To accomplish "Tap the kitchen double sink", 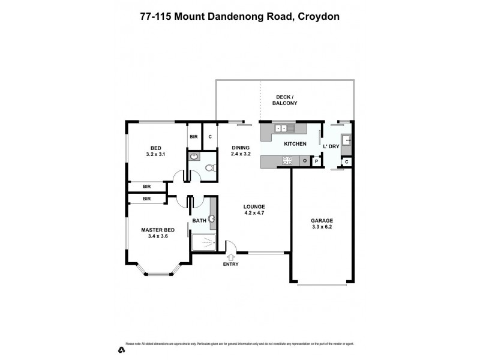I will [281, 128].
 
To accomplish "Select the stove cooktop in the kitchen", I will [287, 160].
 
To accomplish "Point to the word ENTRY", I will [230, 264].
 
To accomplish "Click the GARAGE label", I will [322, 220].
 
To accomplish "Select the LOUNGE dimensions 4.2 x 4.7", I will [254, 213].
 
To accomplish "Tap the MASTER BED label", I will [158, 229].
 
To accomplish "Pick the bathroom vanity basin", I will [212, 219].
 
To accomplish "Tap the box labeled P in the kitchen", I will [316, 161].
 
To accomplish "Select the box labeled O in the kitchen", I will [305, 161].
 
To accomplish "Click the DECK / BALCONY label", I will [286, 100].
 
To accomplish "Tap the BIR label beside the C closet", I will [194, 137].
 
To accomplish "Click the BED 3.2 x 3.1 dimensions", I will [155, 154].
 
